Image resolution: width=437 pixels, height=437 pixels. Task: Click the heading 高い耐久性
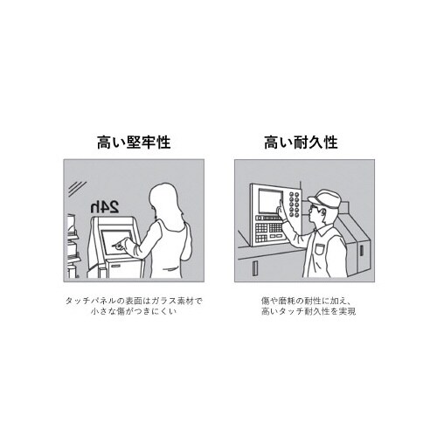[301, 141]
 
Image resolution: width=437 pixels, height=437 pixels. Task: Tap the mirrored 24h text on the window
[102, 207]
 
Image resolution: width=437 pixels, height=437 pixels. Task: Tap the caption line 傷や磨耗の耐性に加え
[301, 300]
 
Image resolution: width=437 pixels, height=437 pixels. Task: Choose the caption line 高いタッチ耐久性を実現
[301, 311]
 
